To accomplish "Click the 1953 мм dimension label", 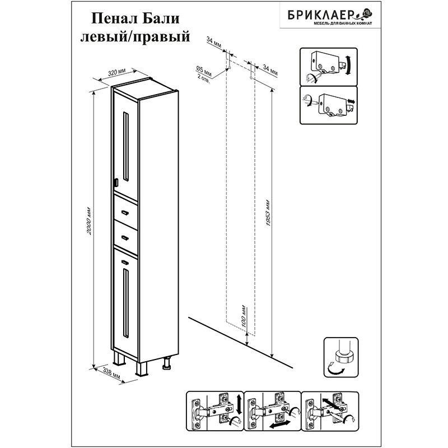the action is (x=268, y=212).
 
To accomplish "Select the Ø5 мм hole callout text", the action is (x=204, y=72).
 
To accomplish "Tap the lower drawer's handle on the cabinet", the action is (x=125, y=237).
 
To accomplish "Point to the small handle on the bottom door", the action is (x=125, y=262).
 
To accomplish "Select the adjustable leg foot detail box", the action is (x=341, y=357).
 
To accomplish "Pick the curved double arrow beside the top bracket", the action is (x=348, y=65).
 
